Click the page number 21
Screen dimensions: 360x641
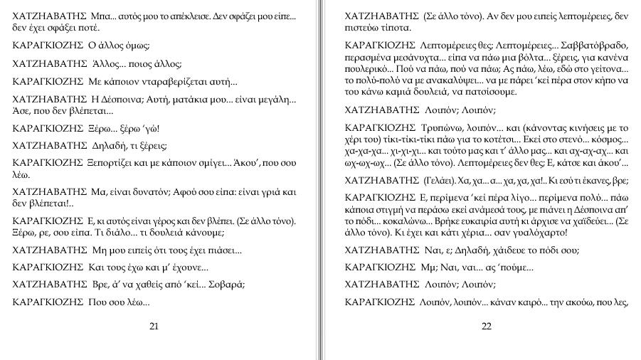tap(154, 327)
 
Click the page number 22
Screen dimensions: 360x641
tap(487, 327)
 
